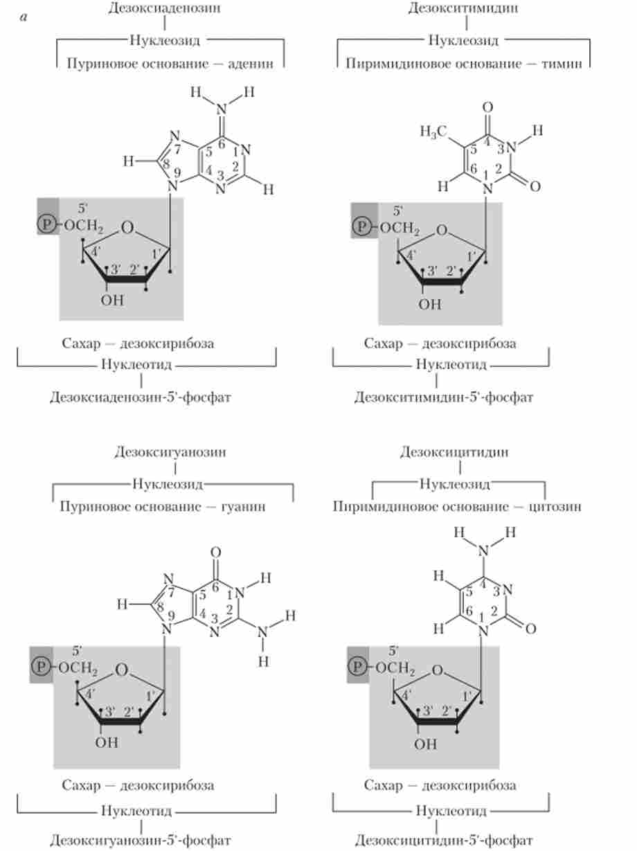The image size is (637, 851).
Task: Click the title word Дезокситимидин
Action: [463, 8]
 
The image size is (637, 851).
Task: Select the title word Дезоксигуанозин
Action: [170, 452]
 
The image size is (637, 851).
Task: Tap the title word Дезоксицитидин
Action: [454, 452]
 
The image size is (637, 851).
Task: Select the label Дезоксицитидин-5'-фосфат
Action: [444, 841]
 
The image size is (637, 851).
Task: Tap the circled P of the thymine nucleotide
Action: [361, 225]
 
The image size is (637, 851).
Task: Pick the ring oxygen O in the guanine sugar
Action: [122, 670]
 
